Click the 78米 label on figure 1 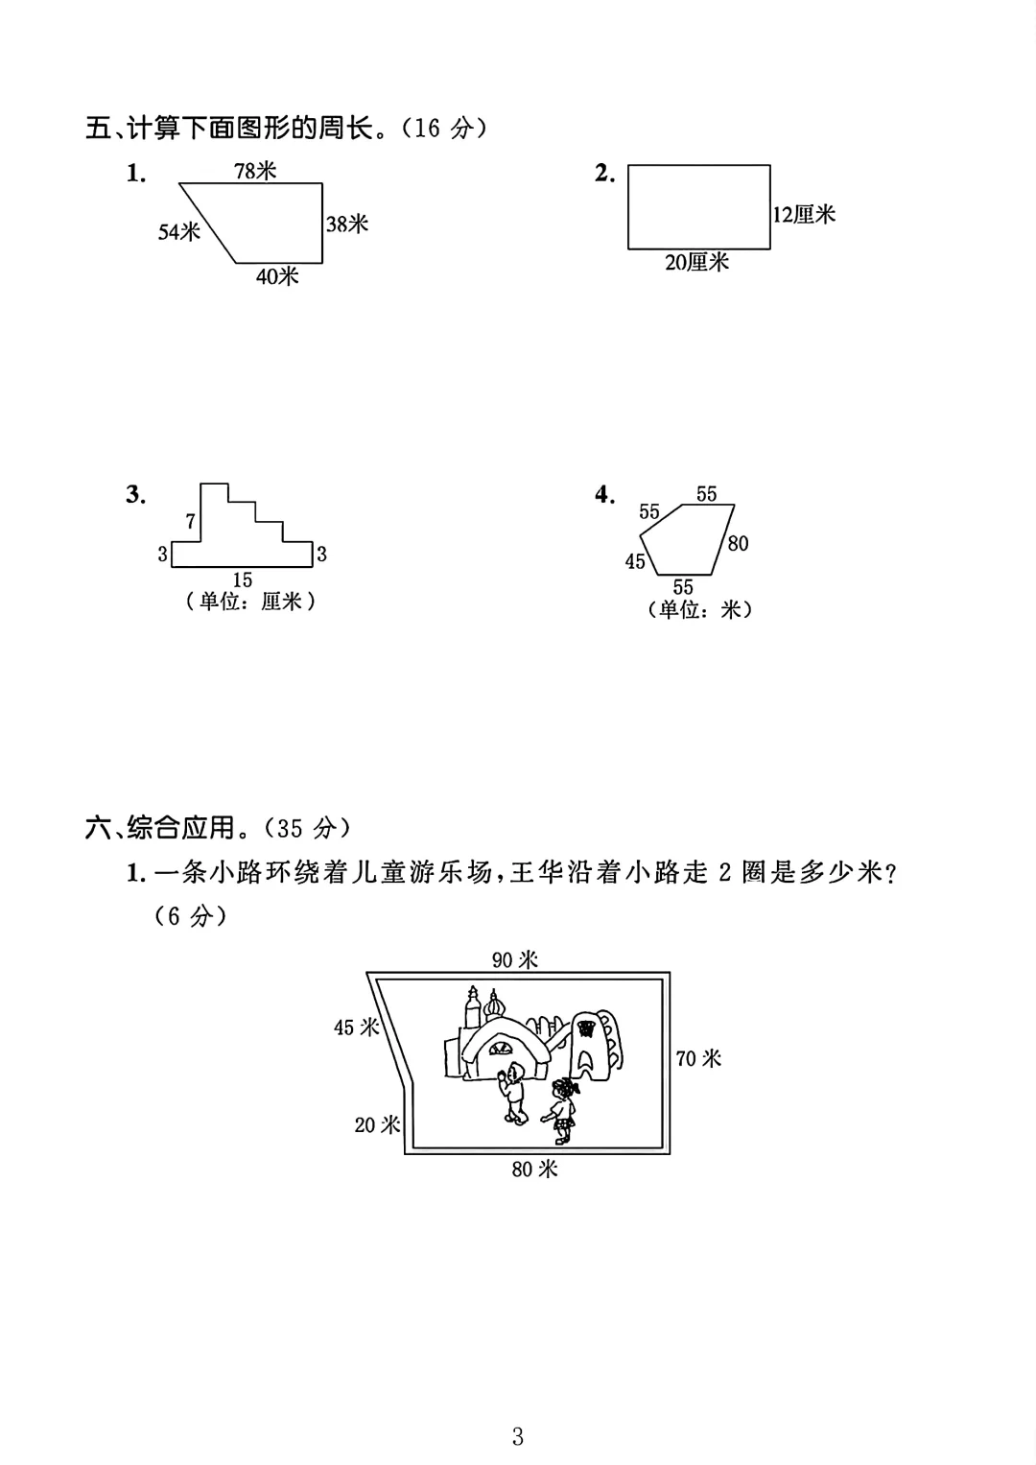click(255, 171)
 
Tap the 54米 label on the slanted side click(179, 231)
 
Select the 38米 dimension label click(347, 224)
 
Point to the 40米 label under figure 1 click(277, 276)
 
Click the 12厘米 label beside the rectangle click(805, 215)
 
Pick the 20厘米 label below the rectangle click(697, 262)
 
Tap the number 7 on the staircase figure click(191, 521)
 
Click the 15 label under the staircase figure click(243, 579)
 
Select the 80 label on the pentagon click(738, 543)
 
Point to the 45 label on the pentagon click(635, 561)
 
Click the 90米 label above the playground click(515, 959)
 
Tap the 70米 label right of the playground click(698, 1058)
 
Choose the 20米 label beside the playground click(378, 1124)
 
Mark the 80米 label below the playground click(534, 1169)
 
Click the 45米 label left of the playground click(357, 1028)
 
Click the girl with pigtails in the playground click(562, 1109)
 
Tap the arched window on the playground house click(500, 1050)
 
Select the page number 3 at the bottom click(518, 1436)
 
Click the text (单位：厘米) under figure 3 click(250, 602)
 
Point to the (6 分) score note click(191, 916)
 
